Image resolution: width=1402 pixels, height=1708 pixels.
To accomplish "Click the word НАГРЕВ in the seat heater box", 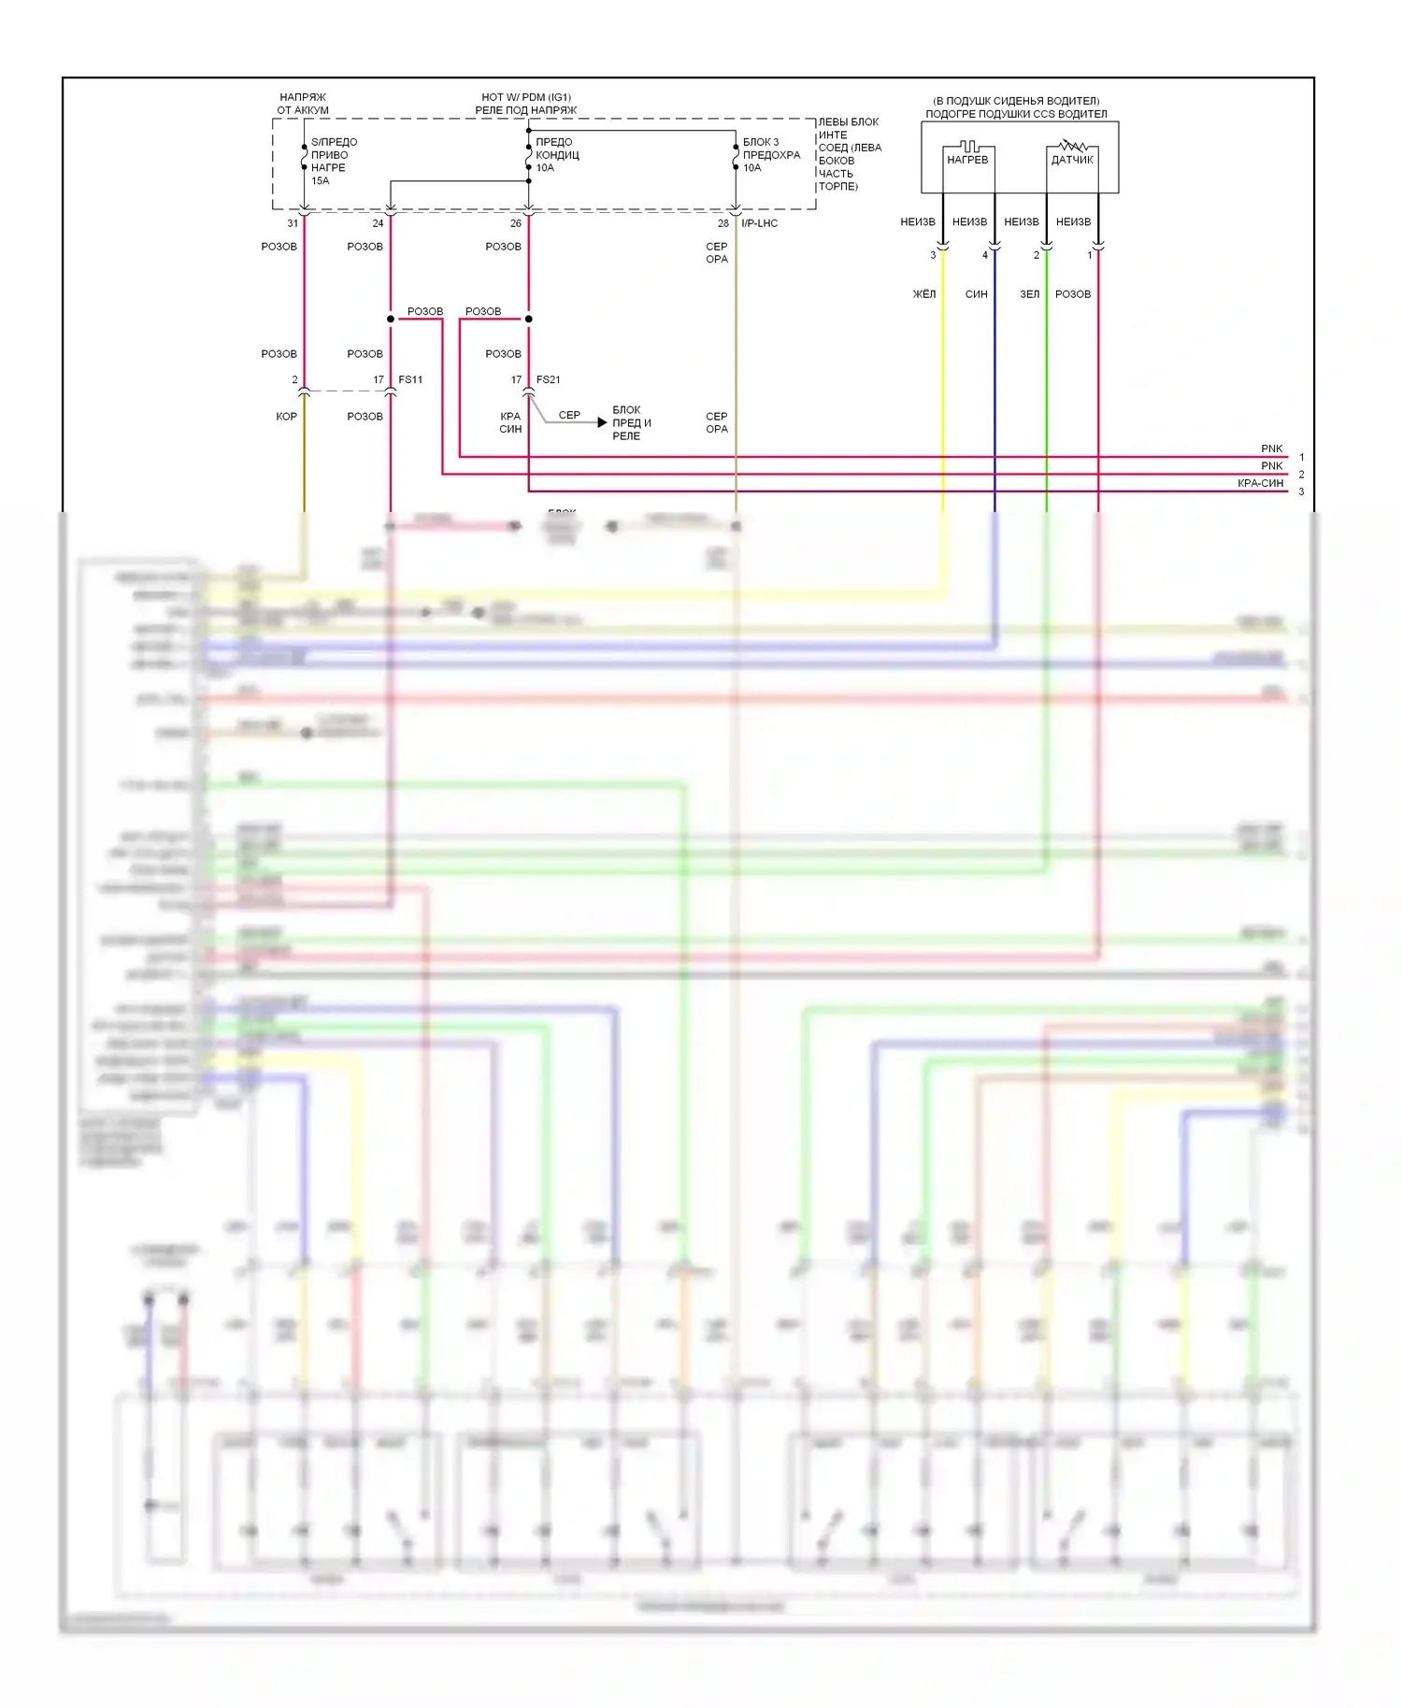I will point(967,160).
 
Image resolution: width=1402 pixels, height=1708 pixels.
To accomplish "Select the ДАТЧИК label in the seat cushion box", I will point(1072,160).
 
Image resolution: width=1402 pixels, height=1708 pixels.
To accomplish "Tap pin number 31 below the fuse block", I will point(293,223).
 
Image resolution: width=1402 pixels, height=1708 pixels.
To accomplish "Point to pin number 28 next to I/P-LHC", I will point(723,223).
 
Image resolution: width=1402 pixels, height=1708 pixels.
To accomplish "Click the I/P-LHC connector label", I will point(759,223).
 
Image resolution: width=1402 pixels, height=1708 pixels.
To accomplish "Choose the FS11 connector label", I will point(410,379).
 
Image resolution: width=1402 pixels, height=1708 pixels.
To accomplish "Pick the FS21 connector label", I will point(549,379).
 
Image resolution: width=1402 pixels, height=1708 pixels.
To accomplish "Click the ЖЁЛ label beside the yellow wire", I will point(923,294).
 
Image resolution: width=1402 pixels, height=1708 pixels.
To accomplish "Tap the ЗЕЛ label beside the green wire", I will point(1029,294).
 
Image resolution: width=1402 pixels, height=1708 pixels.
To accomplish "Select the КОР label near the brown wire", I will point(286,417).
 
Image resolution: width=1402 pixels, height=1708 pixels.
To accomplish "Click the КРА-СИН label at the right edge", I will point(1260,483).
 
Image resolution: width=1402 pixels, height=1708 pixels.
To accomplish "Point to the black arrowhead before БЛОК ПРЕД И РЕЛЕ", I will point(602,422).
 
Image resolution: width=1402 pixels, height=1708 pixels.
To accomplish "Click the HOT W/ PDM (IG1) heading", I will point(526,97).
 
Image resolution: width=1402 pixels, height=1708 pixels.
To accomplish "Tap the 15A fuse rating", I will point(321,181).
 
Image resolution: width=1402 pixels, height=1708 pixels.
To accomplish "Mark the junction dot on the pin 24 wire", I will point(391,320).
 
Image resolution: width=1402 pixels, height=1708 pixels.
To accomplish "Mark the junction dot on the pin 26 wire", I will point(529,320).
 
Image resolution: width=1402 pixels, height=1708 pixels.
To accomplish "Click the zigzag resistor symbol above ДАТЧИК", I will point(1072,146).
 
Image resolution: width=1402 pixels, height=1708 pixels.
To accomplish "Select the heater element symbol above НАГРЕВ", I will point(969,147).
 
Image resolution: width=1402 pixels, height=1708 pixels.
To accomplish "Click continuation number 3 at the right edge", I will point(1301,491).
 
